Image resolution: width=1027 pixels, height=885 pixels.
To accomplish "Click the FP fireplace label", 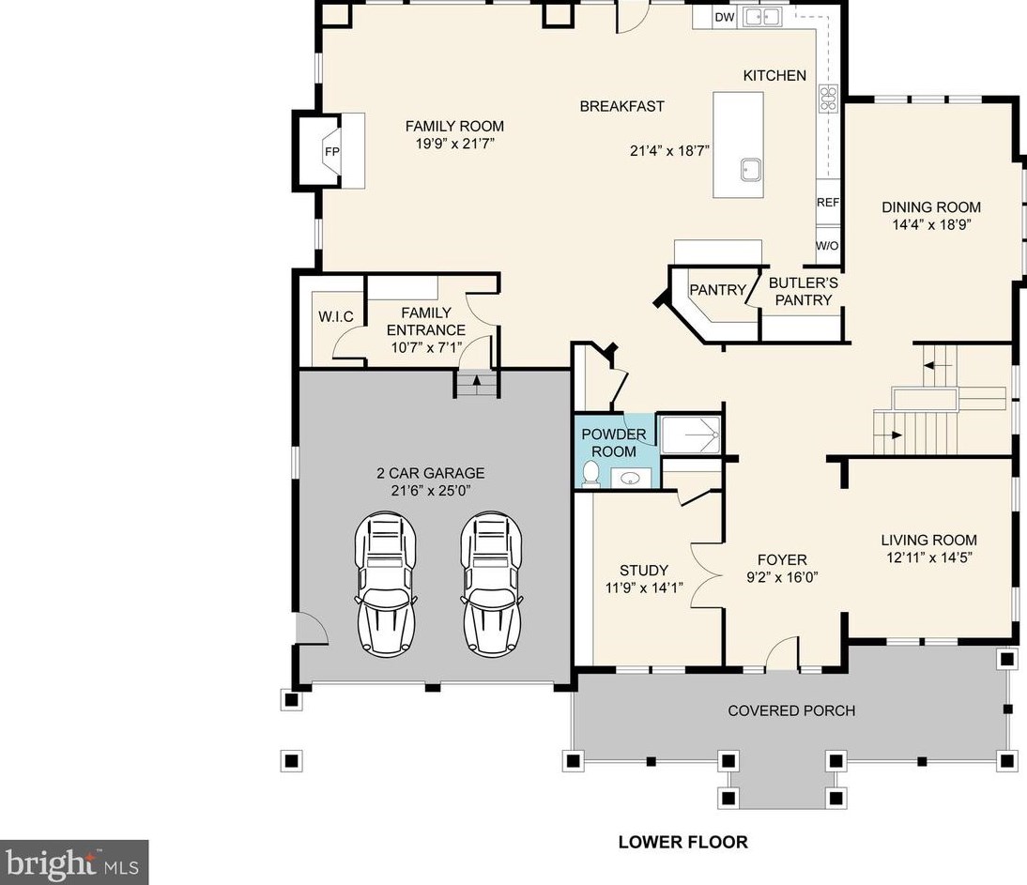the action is (332, 152).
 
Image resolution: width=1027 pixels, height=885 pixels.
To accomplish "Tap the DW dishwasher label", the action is (725, 18).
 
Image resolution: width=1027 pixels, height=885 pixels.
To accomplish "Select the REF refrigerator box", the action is (828, 203).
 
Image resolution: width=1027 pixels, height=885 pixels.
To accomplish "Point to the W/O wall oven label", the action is (827, 246).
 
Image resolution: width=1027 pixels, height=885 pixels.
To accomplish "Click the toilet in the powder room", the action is (591, 473).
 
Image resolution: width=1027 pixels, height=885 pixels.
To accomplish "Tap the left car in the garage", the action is (387, 584).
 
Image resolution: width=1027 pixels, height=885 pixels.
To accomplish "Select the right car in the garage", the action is (491, 584).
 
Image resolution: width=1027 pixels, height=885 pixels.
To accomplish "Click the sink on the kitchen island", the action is (751, 170).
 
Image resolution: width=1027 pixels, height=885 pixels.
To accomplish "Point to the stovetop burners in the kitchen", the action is (828, 99).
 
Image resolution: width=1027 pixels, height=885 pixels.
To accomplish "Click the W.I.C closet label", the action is (336, 317).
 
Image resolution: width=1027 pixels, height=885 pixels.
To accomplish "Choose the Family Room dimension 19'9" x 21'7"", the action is (454, 144).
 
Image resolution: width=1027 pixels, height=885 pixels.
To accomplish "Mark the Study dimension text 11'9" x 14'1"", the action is (645, 587).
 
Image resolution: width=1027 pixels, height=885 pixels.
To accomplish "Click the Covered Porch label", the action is (791, 710).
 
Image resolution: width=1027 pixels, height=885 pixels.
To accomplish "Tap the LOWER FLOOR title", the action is (683, 842).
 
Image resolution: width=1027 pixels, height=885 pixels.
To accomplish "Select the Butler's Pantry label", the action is (803, 291).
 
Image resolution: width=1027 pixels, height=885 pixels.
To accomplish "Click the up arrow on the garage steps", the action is (477, 380).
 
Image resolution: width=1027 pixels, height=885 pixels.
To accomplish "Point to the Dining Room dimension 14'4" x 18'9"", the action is (930, 224).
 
